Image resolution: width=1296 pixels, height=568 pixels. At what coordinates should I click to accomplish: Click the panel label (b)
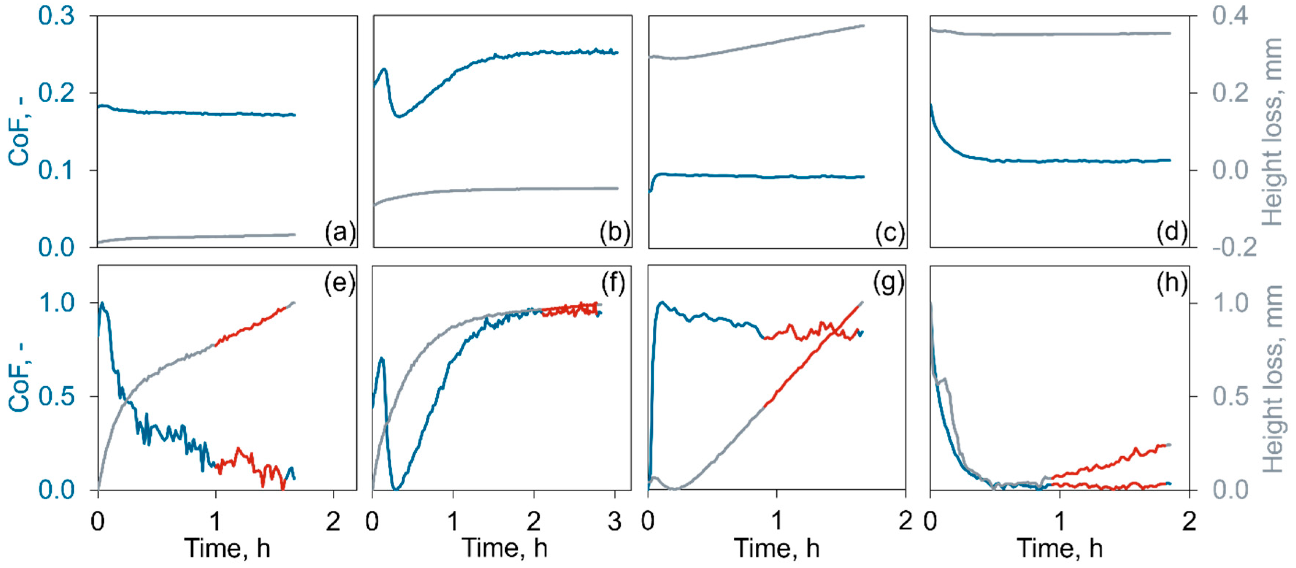[615, 233]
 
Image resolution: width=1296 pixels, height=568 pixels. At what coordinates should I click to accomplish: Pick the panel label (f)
[613, 283]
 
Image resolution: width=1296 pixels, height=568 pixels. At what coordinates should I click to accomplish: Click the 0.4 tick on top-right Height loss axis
[1230, 16]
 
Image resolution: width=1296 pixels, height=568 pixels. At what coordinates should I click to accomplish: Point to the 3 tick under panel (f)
[615, 522]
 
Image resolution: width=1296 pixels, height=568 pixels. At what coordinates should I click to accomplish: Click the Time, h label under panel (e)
[227, 548]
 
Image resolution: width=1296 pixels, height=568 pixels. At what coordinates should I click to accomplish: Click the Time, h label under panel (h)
[1059, 548]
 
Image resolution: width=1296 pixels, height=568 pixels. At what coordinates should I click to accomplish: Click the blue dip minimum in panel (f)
[396, 488]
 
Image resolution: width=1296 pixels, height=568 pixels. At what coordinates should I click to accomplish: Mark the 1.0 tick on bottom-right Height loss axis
[1230, 303]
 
